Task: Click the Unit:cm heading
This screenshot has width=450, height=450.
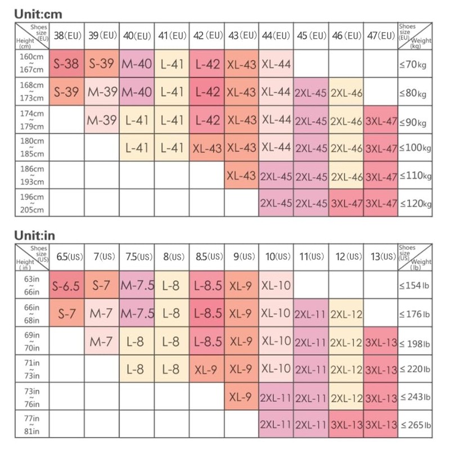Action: point(35,12)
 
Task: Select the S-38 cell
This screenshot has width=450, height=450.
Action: point(67,64)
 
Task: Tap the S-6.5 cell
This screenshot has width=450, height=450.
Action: point(67,286)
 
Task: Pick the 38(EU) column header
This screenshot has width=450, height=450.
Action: point(67,35)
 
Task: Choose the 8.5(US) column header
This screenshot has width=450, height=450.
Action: point(206,256)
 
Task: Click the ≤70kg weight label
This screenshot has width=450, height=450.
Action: point(415,64)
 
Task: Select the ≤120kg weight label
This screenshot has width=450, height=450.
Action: point(415,203)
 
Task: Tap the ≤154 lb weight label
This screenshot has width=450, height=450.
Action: point(415,286)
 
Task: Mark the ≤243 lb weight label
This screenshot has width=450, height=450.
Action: point(415,397)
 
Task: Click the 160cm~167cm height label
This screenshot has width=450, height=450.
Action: point(31,64)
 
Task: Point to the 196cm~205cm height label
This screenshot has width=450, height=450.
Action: point(31,203)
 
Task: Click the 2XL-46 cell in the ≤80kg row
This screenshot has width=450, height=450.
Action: point(346,92)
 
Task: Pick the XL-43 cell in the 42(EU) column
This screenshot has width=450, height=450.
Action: point(206,147)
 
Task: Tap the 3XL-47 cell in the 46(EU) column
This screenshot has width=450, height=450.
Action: point(346,203)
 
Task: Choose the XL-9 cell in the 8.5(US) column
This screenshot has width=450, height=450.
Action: point(206,369)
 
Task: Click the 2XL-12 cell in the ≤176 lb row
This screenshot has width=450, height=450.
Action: point(346,313)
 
